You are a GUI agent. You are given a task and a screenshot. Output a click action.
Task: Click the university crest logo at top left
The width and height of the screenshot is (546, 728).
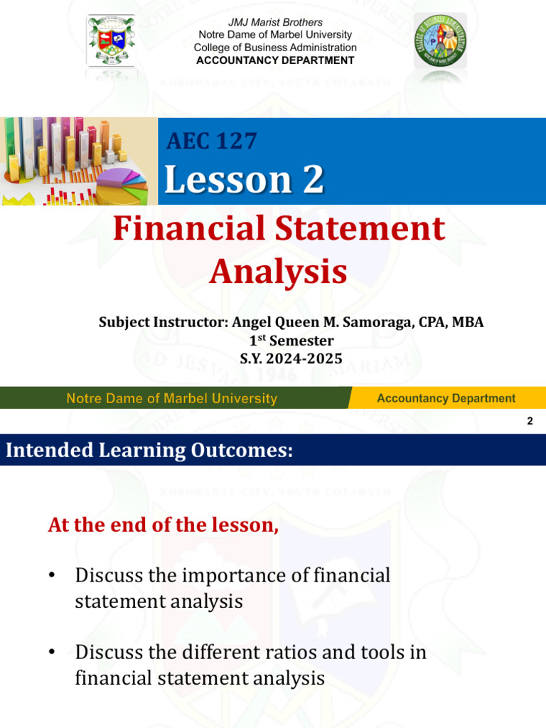pyautogui.click(x=111, y=43)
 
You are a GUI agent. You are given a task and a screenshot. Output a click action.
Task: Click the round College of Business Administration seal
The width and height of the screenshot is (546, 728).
pyautogui.click(x=441, y=42)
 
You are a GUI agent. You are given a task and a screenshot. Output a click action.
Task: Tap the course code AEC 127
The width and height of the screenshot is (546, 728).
pyautogui.click(x=211, y=141)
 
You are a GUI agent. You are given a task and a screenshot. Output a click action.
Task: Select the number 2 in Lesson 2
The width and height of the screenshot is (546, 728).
pyautogui.click(x=311, y=179)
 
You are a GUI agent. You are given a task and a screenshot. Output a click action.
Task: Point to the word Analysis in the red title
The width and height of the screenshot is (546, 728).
pyautogui.click(x=279, y=271)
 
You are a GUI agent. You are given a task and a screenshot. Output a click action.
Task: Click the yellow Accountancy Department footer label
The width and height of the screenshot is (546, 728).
pyautogui.click(x=446, y=398)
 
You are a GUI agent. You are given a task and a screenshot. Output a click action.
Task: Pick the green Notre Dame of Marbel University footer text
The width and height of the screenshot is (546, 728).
pyautogui.click(x=171, y=398)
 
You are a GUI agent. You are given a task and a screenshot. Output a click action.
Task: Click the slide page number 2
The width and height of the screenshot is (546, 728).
pyautogui.click(x=530, y=422)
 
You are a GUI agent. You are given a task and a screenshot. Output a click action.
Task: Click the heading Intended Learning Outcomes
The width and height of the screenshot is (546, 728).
pyautogui.click(x=149, y=450)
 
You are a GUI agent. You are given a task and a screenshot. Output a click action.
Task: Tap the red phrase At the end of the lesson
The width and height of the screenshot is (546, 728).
pyautogui.click(x=163, y=525)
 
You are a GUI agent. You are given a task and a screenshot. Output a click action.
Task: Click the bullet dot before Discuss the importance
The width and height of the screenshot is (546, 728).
pyautogui.click(x=52, y=576)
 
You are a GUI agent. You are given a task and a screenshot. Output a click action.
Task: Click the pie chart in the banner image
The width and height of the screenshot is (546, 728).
pyautogui.click(x=121, y=186)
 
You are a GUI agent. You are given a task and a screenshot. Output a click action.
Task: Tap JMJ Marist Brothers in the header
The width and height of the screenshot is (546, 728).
pyautogui.click(x=275, y=23)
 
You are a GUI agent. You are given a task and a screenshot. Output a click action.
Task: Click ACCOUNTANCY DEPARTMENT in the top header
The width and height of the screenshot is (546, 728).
pyautogui.click(x=275, y=60)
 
